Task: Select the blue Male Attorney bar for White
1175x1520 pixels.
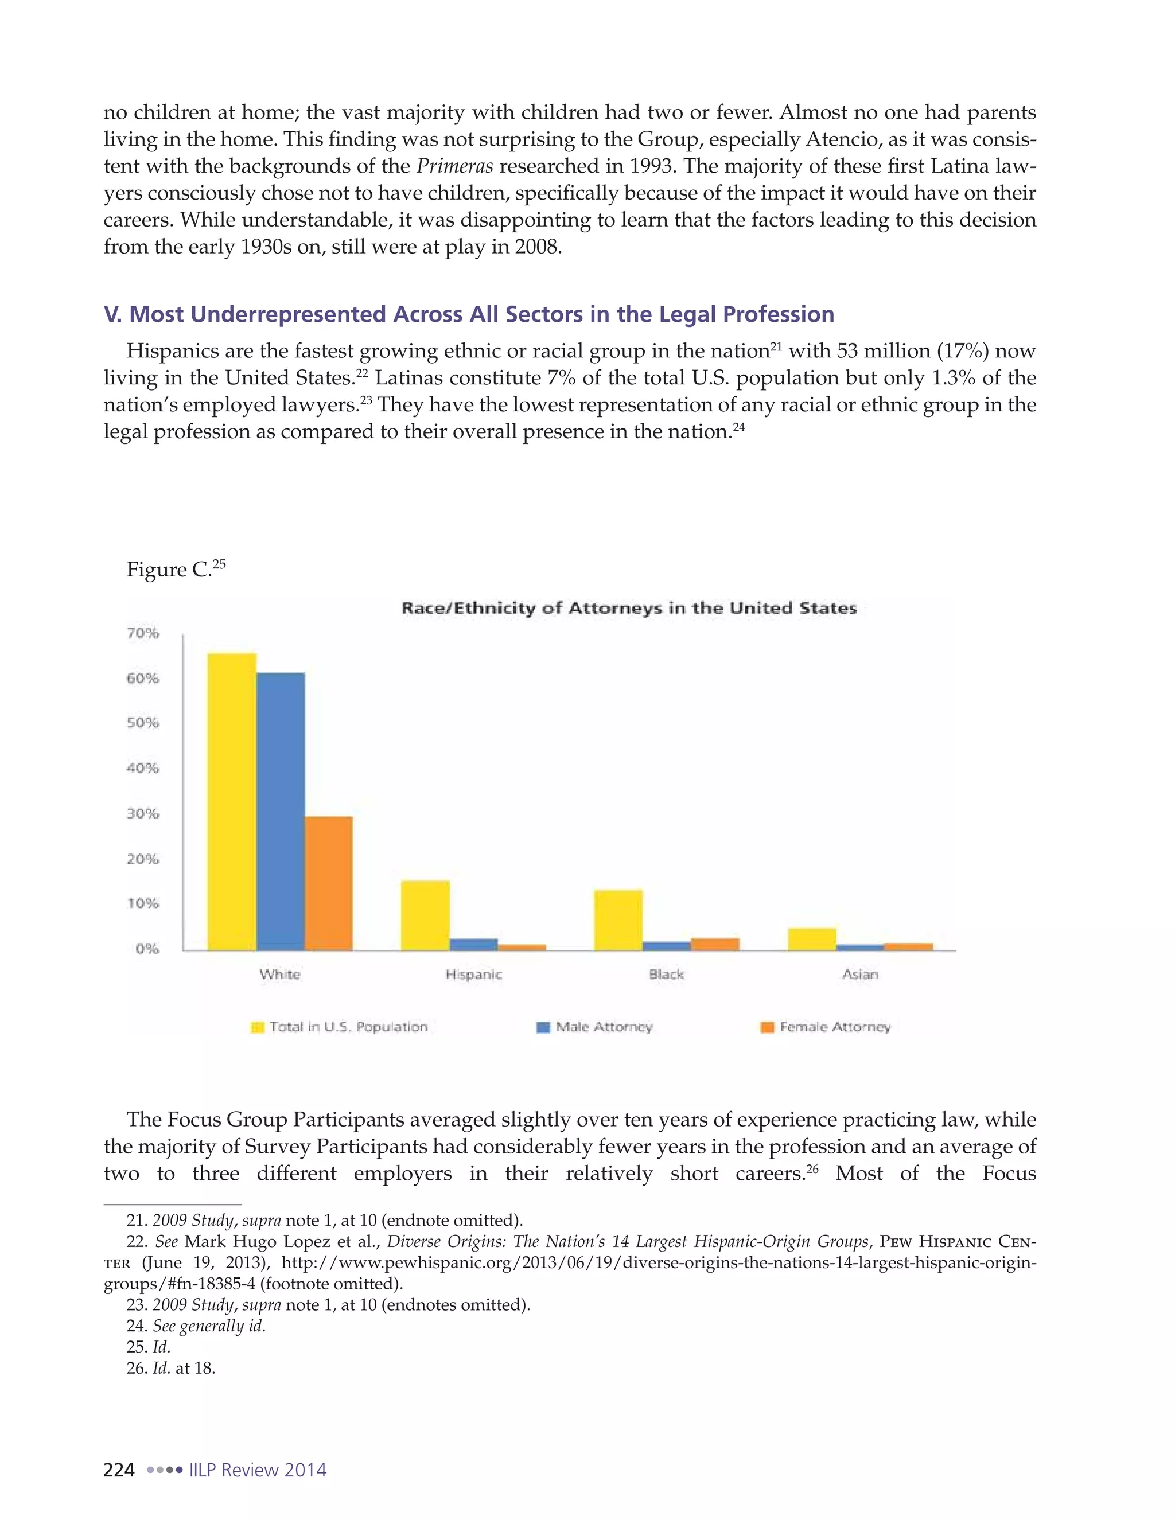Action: click(280, 811)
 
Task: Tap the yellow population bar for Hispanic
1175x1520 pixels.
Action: click(425, 915)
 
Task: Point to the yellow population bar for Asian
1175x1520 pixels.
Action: click(812, 939)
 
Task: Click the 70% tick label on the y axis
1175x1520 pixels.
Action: click(143, 633)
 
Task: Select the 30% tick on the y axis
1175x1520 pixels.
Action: click(143, 813)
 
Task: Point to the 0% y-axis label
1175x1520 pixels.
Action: click(147, 949)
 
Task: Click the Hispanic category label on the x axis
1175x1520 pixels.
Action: click(473, 975)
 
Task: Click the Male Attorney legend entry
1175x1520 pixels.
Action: click(604, 1027)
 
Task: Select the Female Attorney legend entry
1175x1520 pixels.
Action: click(834, 1027)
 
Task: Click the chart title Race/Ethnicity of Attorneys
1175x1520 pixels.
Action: click(629, 608)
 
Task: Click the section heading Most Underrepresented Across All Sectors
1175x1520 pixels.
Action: click(469, 314)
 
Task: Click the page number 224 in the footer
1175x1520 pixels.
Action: click(118, 1470)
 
